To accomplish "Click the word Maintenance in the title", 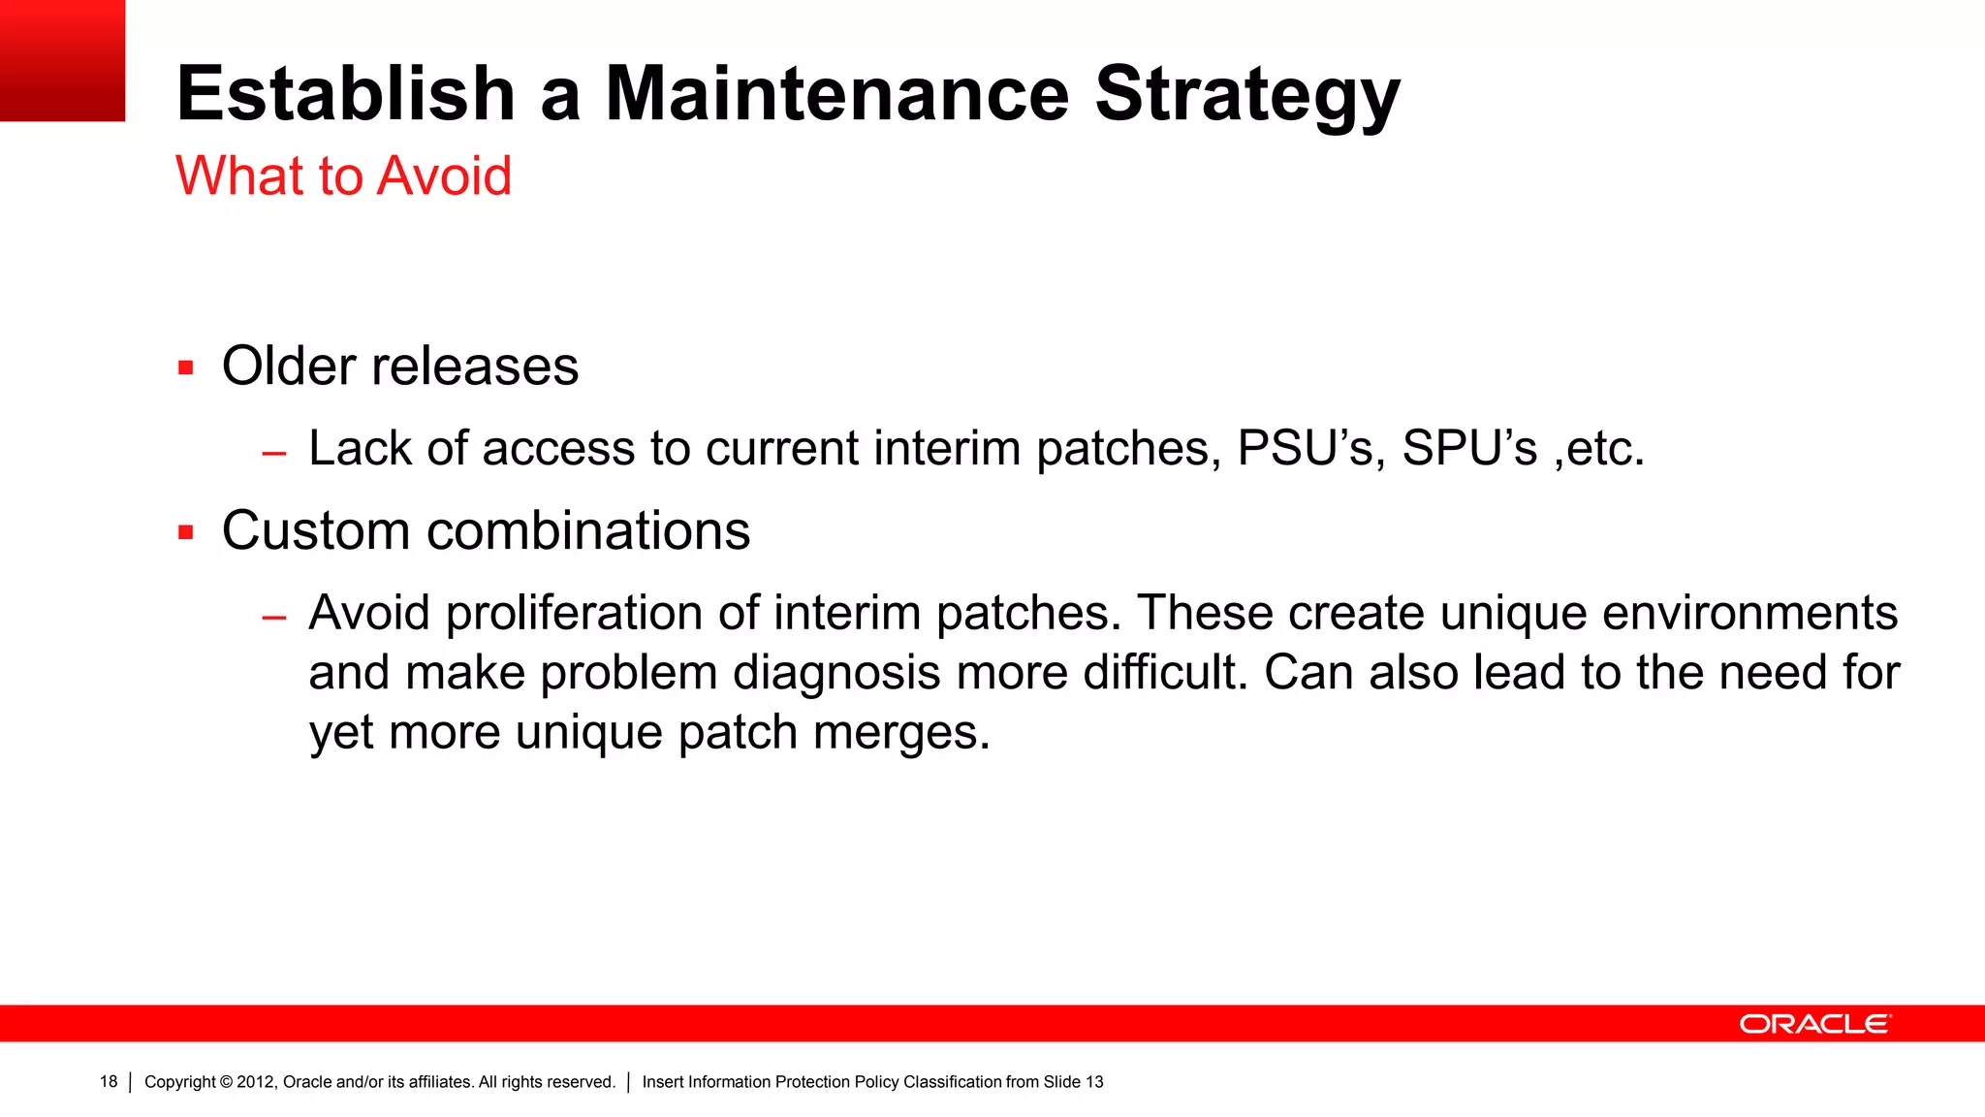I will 836,94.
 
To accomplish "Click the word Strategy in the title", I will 1247,94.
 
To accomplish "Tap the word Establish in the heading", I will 345,94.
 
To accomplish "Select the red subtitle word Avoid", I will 444,176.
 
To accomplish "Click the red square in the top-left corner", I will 62,60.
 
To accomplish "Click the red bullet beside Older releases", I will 186,368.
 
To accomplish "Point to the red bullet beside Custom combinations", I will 186,532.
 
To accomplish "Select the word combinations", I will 587,531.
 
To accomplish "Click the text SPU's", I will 1469,449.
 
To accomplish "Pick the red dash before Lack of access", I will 274,453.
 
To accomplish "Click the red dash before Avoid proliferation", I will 274,617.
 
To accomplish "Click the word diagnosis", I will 835,673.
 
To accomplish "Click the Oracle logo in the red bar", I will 1814,1024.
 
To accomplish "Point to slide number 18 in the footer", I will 109,1082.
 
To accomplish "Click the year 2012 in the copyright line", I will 256,1082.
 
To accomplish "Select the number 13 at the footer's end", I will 1094,1082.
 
